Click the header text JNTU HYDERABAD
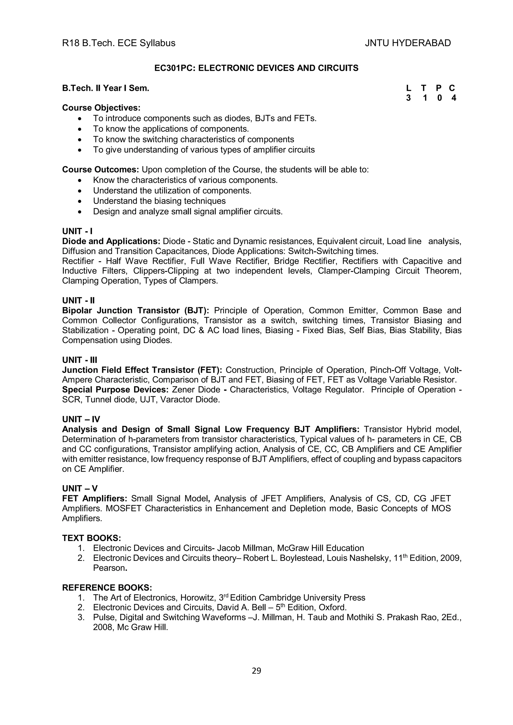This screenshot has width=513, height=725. point(408,43)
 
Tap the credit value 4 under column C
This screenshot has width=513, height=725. point(454,98)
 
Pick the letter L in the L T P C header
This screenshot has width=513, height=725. point(408,88)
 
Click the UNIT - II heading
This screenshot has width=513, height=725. point(78,300)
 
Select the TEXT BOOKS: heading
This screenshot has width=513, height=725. point(92,538)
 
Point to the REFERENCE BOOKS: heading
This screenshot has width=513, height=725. point(107,588)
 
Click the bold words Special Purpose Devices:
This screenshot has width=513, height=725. point(115,390)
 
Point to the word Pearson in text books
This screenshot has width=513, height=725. point(109,568)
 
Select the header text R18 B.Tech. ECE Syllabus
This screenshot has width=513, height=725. point(118,43)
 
